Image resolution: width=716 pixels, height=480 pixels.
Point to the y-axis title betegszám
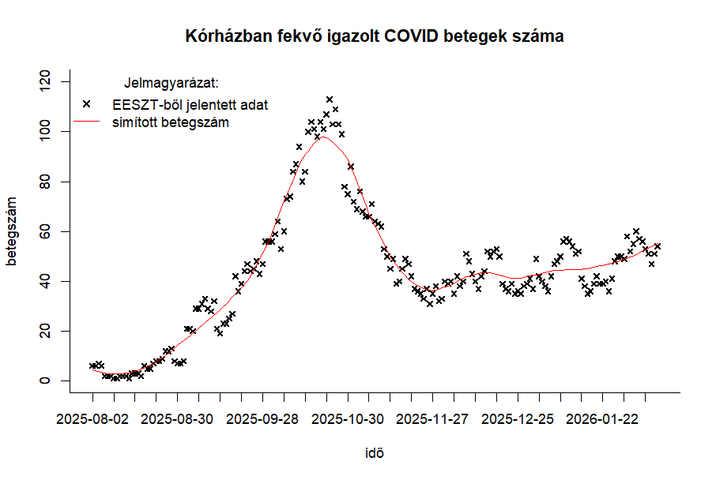point(12,231)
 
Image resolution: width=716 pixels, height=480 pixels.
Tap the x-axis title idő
point(375,453)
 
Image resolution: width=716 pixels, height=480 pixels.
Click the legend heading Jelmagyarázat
point(171,82)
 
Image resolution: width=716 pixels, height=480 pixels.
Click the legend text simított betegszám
point(171,122)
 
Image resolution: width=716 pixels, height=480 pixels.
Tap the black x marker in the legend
point(87,103)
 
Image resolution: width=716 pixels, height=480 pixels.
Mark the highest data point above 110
point(330,99)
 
